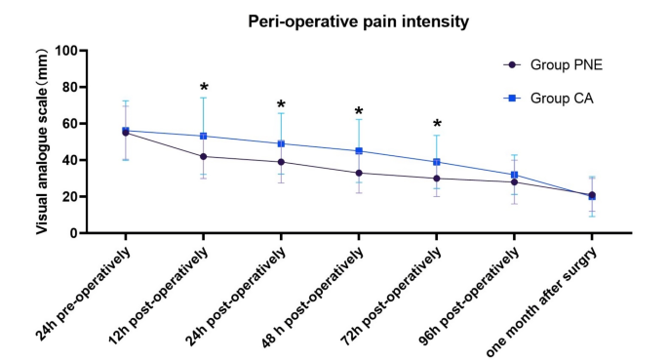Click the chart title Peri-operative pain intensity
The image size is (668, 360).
pyautogui.click(x=332, y=20)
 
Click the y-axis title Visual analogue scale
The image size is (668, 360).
pyautogui.click(x=44, y=140)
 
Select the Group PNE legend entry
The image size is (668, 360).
pyautogui.click(x=563, y=65)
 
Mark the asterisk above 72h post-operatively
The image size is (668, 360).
pyautogui.click(x=437, y=125)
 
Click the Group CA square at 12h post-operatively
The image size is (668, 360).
pyautogui.click(x=203, y=136)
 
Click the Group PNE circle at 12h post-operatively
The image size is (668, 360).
pyautogui.click(x=203, y=156)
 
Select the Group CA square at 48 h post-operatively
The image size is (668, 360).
pyautogui.click(x=359, y=151)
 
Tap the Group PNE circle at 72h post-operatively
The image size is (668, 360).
pyautogui.click(x=436, y=178)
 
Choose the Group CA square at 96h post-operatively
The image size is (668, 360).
pyautogui.click(x=514, y=175)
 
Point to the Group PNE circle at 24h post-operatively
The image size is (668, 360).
pyautogui.click(x=281, y=162)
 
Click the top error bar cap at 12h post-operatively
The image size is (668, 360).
pyautogui.click(x=203, y=98)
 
